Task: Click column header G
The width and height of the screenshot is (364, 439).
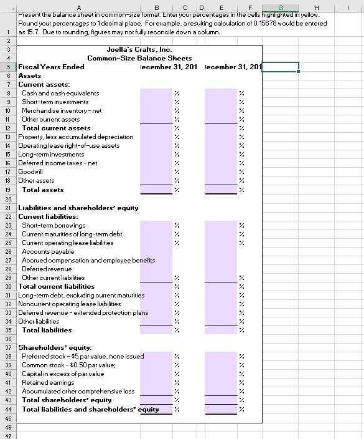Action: (x=279, y=6)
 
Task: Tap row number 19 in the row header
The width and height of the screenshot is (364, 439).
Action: (x=6, y=190)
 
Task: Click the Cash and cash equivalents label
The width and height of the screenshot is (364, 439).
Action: (x=60, y=93)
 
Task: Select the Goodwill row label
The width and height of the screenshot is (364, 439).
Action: (x=31, y=171)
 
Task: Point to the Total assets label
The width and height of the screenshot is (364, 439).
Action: (x=42, y=190)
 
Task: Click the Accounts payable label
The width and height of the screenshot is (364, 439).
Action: (x=49, y=251)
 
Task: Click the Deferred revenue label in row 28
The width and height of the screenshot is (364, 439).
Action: (x=47, y=269)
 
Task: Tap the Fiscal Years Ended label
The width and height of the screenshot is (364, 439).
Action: (x=52, y=67)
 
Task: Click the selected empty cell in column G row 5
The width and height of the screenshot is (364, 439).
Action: (x=279, y=67)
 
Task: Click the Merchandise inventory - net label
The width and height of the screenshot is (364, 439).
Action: (x=62, y=110)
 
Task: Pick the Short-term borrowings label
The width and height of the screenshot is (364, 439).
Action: (x=54, y=225)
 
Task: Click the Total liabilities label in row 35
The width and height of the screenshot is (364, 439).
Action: (x=47, y=330)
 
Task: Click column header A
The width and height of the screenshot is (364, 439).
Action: (x=81, y=6)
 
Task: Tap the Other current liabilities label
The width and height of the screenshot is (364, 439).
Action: (x=54, y=277)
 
